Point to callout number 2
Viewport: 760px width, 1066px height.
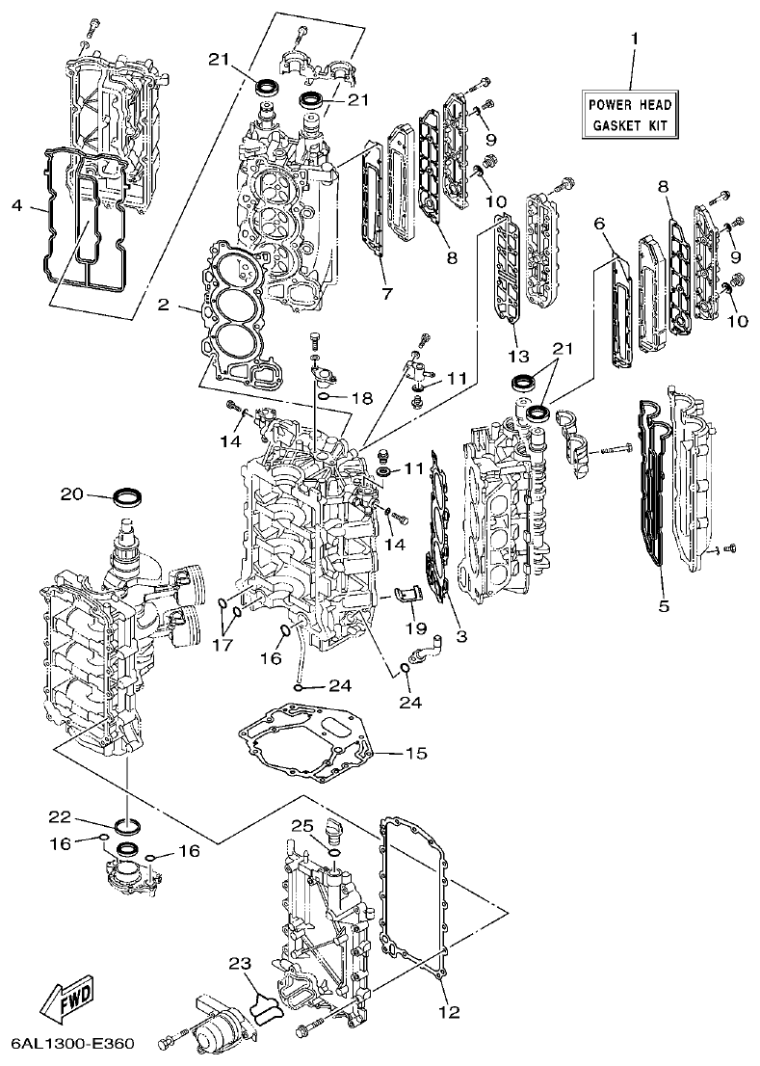(164, 305)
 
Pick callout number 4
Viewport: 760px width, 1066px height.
(16, 204)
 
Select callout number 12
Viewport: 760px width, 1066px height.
(449, 1012)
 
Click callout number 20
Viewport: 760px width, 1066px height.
(72, 494)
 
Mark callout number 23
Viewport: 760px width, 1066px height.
(239, 963)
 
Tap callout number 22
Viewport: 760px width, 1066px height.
(60, 817)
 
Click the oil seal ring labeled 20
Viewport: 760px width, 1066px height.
(128, 497)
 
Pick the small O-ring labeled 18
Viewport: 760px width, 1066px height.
(327, 396)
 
